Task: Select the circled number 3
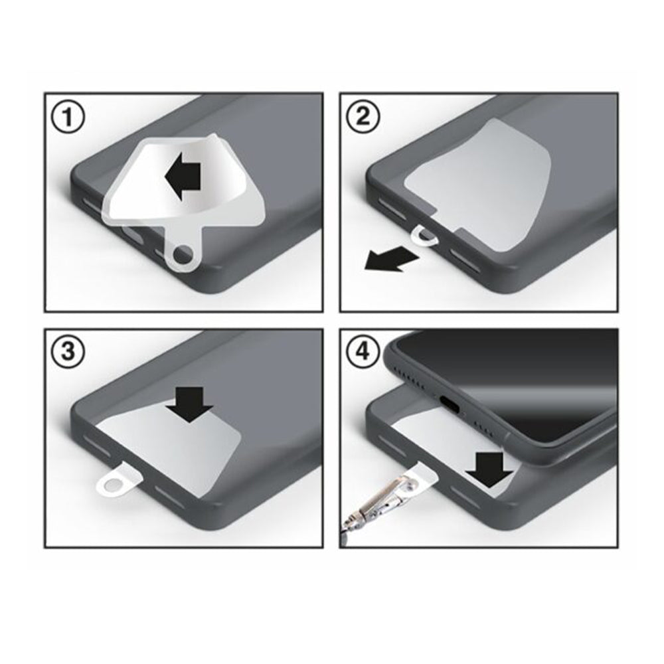pos(68,351)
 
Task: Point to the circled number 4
pos(363,351)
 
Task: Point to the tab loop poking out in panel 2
pos(424,236)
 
